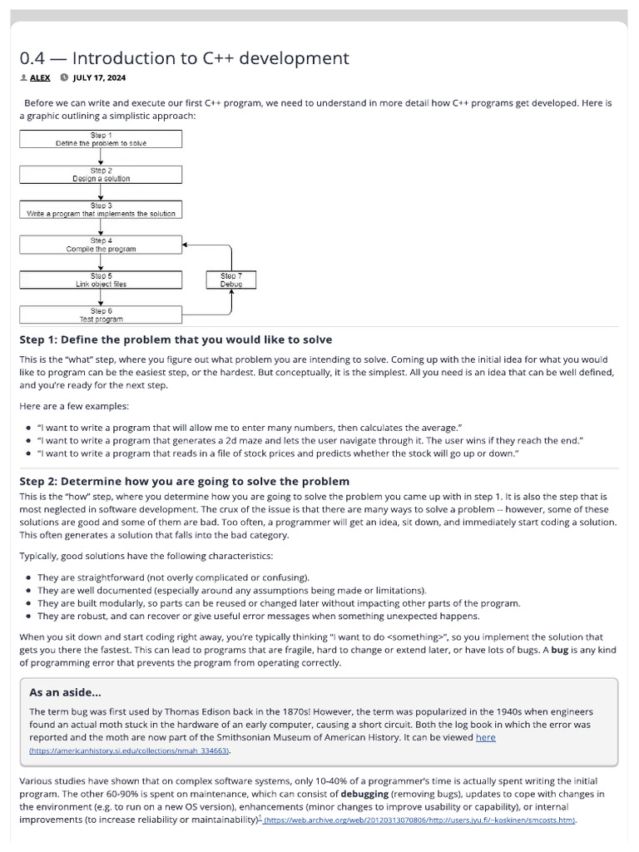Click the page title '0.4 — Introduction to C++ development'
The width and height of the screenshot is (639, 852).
coord(184,58)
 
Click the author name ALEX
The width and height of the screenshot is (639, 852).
coord(40,78)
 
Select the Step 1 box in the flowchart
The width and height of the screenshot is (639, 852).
coord(101,139)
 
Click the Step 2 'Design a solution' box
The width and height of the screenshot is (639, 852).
coord(101,174)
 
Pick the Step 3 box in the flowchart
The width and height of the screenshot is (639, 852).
coord(101,209)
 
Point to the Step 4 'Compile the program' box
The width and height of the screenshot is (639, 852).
coord(101,245)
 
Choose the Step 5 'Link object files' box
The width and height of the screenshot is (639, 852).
coord(101,280)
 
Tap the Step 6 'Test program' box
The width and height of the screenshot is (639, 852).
coord(101,315)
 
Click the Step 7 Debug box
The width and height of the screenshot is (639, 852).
coord(231,280)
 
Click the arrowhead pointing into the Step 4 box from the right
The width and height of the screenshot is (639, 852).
coord(186,245)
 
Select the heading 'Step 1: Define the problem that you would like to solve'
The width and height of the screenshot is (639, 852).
coord(176,339)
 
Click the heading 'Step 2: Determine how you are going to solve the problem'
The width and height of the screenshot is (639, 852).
coord(184,481)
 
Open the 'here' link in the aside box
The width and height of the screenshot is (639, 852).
coord(485,737)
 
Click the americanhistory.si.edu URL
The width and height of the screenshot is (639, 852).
coord(130,750)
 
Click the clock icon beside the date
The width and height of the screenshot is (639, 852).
coord(64,78)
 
